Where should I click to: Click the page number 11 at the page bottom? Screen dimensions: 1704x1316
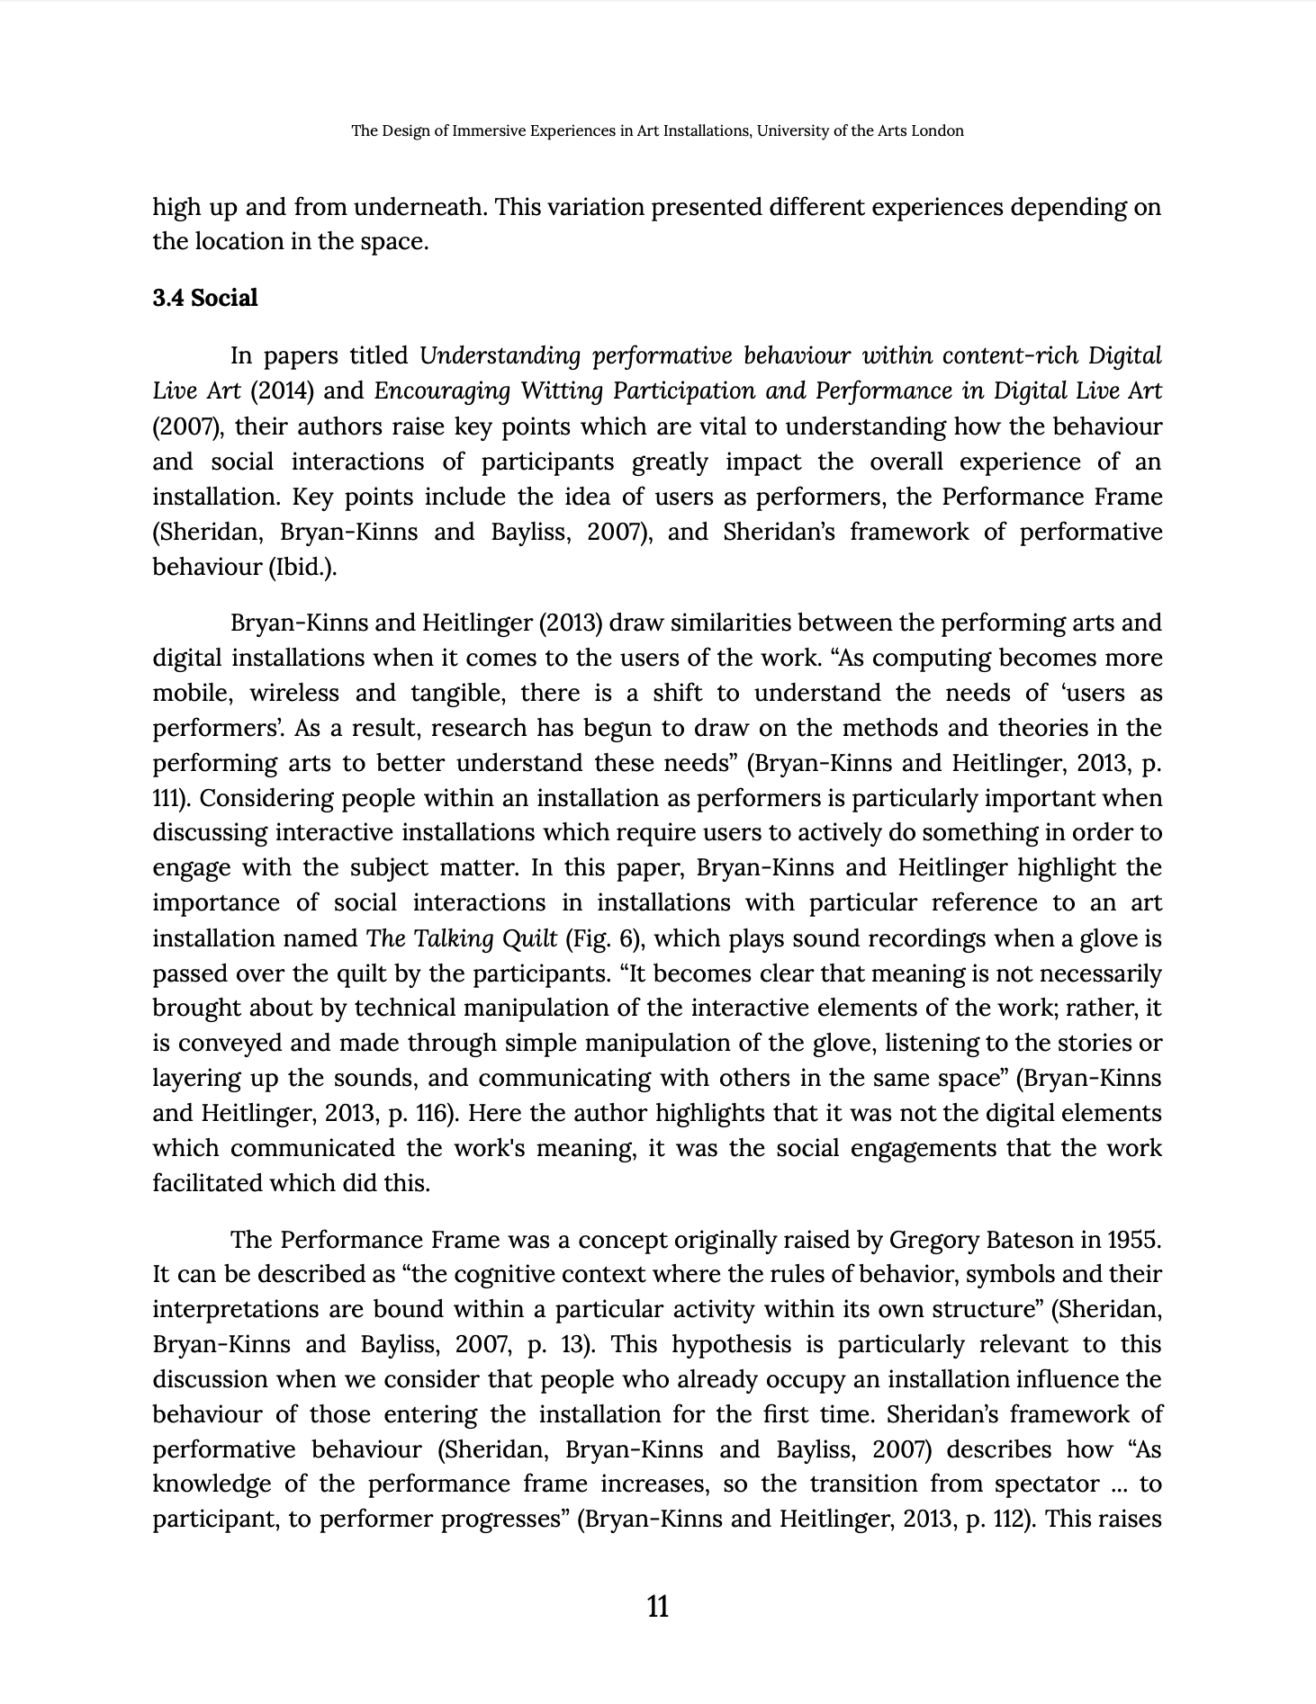point(658,1606)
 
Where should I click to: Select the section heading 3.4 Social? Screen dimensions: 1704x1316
point(204,299)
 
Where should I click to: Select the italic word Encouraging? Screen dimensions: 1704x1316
point(425,391)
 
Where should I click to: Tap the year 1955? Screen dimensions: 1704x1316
point(1132,1240)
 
